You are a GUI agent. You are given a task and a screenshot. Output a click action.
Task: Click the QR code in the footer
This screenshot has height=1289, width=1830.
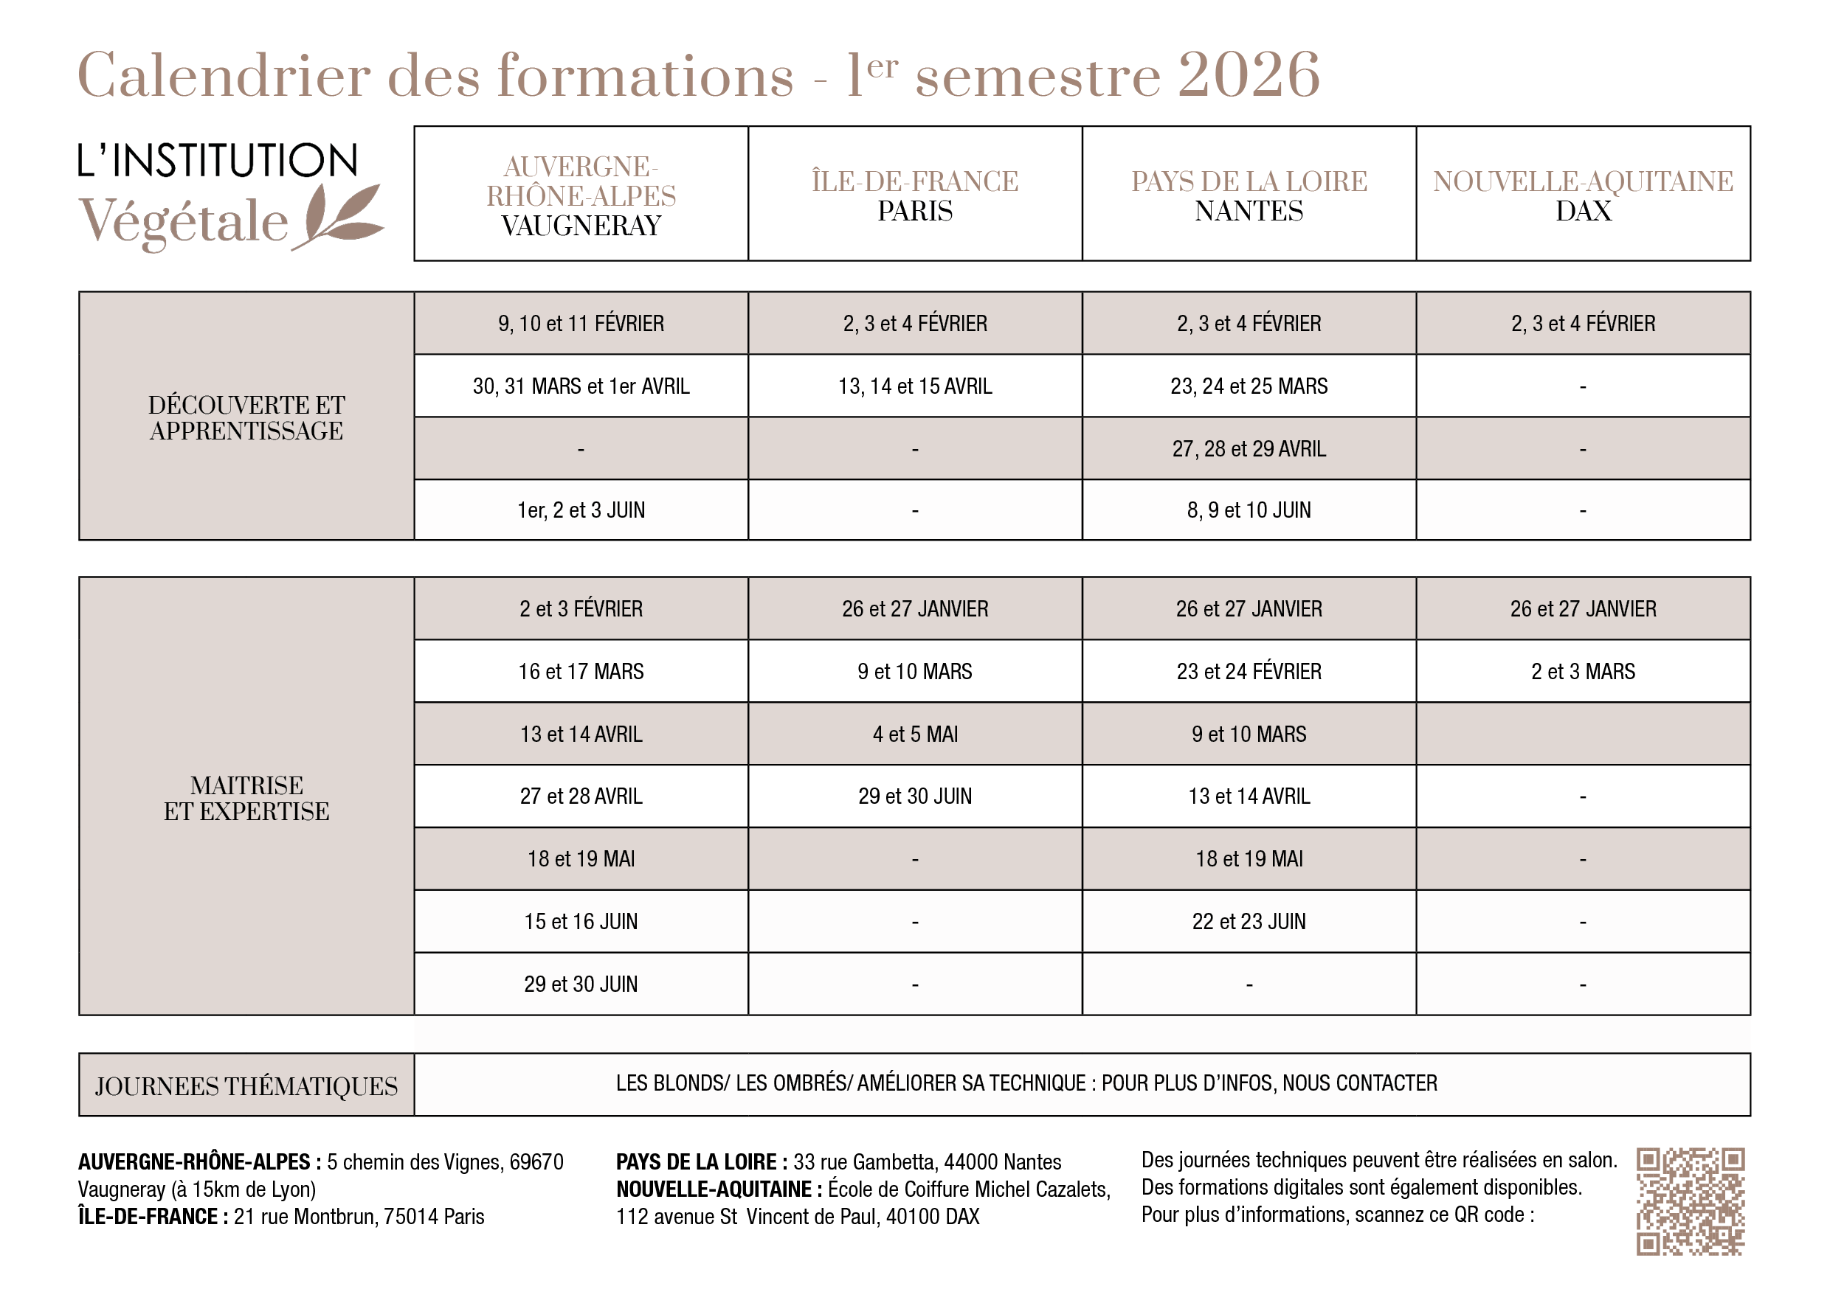pos(1690,1201)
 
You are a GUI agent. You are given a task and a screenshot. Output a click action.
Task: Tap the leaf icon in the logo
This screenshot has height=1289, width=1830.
pos(341,215)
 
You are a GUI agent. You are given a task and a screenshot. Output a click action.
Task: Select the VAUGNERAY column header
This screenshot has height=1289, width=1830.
pos(581,226)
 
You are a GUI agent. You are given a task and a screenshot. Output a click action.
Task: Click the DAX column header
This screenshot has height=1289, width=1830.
pos(1583,211)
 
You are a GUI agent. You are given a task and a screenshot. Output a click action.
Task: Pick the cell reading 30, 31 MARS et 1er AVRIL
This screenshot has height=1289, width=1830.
pos(581,386)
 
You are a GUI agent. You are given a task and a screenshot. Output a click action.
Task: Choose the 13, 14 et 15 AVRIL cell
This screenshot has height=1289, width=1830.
pos(915,386)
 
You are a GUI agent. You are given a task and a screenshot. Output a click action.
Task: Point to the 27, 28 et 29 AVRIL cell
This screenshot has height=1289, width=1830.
pos(1249,448)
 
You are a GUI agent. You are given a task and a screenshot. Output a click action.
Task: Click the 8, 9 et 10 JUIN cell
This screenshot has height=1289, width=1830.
pos(1249,510)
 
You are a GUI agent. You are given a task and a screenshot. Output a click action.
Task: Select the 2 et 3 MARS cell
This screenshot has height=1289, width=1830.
pos(1583,672)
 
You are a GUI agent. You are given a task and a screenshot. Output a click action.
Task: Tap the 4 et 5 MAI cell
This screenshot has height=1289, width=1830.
pos(915,734)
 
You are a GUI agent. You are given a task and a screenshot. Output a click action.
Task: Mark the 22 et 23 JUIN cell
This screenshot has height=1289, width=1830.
pos(1249,922)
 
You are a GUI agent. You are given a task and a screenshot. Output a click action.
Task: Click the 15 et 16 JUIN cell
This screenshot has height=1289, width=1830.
pos(581,922)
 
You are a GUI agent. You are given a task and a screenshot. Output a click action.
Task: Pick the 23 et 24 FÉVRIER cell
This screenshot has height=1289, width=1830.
pos(1249,672)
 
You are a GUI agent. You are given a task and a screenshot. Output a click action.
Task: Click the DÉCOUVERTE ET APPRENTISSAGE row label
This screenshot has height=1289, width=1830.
pos(246,417)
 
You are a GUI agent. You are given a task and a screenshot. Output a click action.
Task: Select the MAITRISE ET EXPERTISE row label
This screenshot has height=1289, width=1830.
pos(246,797)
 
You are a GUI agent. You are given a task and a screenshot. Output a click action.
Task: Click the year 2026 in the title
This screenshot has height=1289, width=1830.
pos(1249,75)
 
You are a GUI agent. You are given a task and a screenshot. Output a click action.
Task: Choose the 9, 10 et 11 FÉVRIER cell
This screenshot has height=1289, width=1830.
pos(581,324)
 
